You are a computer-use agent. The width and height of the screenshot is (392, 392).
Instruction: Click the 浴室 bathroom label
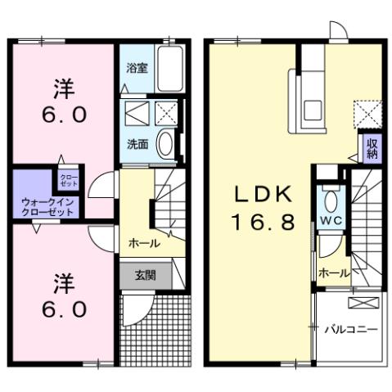137,69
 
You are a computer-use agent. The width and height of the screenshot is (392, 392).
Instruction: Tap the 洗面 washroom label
137,143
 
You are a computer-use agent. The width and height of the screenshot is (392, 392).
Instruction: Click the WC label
330,222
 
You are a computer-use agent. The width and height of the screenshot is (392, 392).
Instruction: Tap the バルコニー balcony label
349,329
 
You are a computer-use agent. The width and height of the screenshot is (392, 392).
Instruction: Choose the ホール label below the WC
333,273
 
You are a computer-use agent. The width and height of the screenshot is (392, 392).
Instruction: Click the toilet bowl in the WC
331,201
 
